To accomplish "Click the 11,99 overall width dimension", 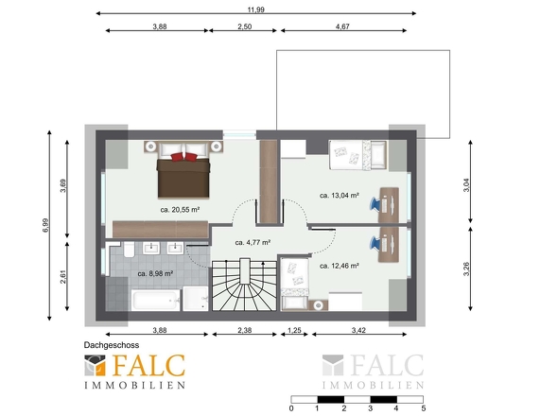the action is (x=256, y=9).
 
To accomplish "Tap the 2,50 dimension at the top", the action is (x=245, y=26).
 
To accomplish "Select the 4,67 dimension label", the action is (x=342, y=26).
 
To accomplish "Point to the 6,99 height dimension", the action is (x=45, y=225).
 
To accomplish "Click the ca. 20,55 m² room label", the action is (x=180, y=210).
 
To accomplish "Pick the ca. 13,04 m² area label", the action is (x=340, y=196).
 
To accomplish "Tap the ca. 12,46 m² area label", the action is (x=340, y=266).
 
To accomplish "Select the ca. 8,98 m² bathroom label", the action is (x=155, y=273).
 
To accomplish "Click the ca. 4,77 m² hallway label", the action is (x=253, y=242).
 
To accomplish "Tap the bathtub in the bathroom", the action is (x=156, y=300).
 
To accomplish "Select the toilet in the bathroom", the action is (x=129, y=250).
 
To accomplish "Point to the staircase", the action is (x=245, y=286).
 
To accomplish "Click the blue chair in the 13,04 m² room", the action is (x=375, y=204).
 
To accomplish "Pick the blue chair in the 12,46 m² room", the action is (x=375, y=243).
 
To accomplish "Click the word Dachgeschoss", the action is (x=112, y=345).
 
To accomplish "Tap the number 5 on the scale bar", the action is (x=423, y=408).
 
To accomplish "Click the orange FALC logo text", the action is (x=148, y=366).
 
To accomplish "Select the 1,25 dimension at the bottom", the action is (x=294, y=330).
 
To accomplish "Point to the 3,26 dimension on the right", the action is (x=466, y=269).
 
